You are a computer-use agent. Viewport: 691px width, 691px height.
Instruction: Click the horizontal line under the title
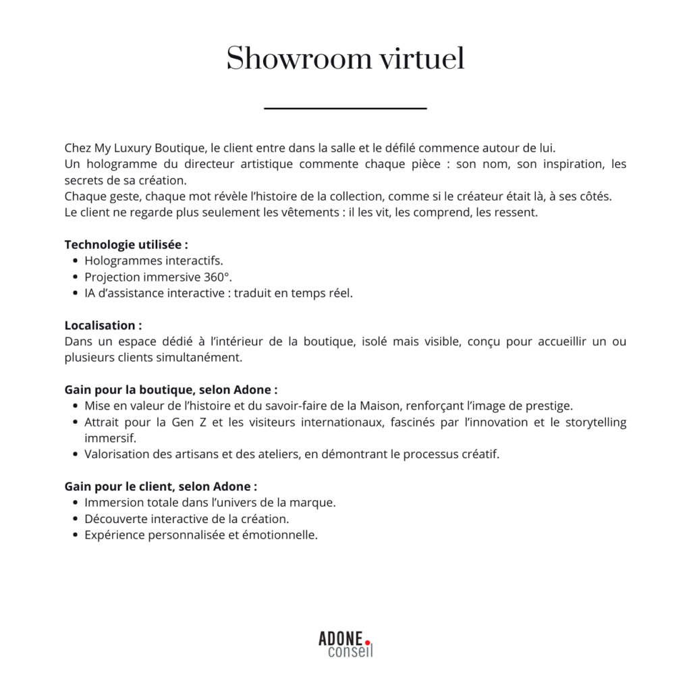pos(345,108)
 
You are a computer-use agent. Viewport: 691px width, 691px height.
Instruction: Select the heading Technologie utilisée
pos(126,244)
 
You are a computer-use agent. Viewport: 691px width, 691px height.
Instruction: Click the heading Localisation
pos(103,325)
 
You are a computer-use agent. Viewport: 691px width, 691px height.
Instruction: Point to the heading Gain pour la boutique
pos(171,390)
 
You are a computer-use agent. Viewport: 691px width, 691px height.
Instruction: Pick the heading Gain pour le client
pos(161,487)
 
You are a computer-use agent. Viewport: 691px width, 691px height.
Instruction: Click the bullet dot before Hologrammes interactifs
pos(74,261)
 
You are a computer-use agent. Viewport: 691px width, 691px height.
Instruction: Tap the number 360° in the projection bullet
pos(218,277)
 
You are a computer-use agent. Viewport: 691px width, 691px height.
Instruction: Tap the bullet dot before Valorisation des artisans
pos(74,454)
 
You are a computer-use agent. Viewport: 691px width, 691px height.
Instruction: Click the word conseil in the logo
pos(350,652)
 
